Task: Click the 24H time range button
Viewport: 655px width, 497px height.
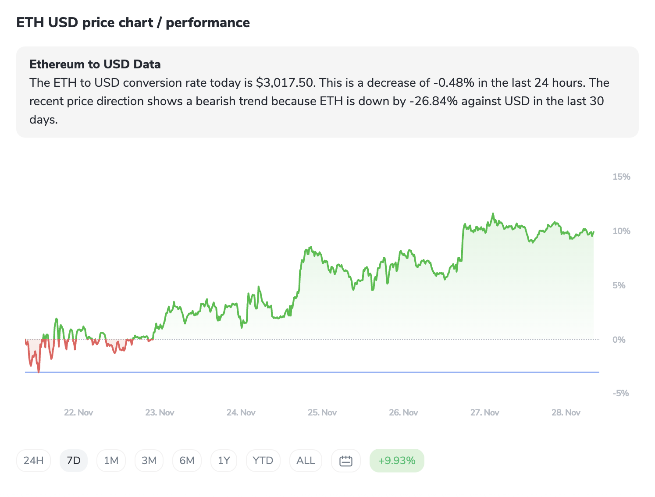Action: pyautogui.click(x=33, y=461)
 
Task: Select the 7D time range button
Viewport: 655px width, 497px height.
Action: pyautogui.click(x=74, y=461)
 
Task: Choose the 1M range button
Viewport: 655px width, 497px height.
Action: pyautogui.click(x=111, y=461)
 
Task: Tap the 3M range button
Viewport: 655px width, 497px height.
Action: pyautogui.click(x=149, y=461)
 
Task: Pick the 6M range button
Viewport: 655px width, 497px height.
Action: pyautogui.click(x=187, y=461)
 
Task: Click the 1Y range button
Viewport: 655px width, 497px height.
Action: pyautogui.click(x=224, y=461)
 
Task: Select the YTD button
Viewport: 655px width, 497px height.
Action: pyautogui.click(x=263, y=461)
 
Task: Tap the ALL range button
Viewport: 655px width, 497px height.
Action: pyautogui.click(x=306, y=461)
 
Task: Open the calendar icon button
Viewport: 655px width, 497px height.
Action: pyautogui.click(x=346, y=461)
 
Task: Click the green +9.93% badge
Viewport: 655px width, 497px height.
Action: pyautogui.click(x=397, y=461)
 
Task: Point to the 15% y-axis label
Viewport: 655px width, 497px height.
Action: pyautogui.click(x=621, y=177)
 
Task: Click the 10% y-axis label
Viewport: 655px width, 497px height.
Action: pyautogui.click(x=621, y=231)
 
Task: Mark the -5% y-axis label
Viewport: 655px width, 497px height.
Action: pyautogui.click(x=620, y=393)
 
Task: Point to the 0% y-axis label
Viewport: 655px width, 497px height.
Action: pyautogui.click(x=619, y=340)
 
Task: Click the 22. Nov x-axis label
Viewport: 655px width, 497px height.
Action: pyautogui.click(x=78, y=412)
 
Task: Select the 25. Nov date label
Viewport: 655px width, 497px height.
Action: pyautogui.click(x=322, y=412)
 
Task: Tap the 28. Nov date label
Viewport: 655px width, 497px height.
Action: pyautogui.click(x=566, y=412)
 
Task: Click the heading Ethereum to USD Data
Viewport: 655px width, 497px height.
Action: pyautogui.click(x=95, y=64)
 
